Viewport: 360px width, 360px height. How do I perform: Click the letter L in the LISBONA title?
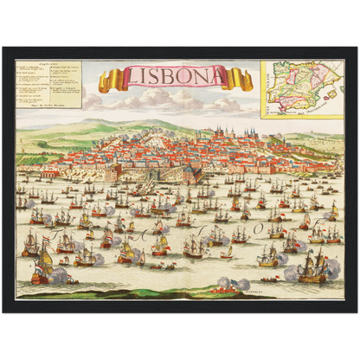click(129, 78)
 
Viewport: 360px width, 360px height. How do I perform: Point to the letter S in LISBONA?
click(157, 77)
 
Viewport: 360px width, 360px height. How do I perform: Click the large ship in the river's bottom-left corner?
click(39, 272)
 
